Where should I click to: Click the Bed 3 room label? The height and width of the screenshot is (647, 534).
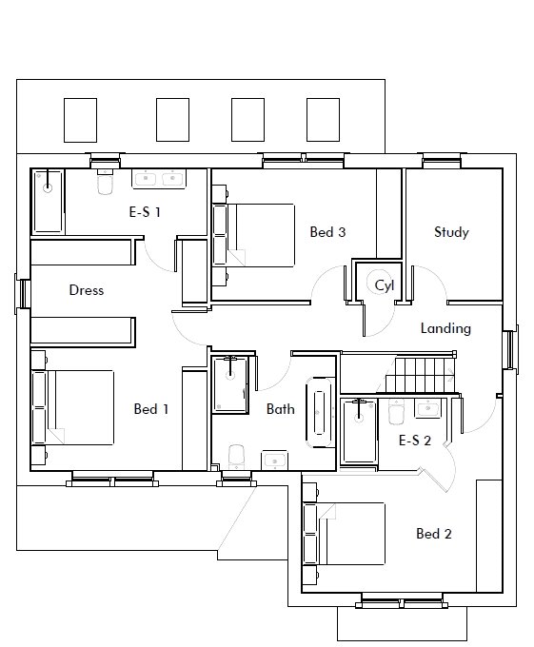pyautogui.click(x=327, y=232)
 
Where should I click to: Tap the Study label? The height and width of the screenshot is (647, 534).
pyautogui.click(x=451, y=232)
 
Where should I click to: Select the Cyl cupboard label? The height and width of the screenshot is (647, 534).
pyautogui.click(x=385, y=285)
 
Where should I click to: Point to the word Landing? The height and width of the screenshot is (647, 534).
pyautogui.click(x=445, y=328)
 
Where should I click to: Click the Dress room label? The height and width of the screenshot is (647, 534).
pyautogui.click(x=87, y=290)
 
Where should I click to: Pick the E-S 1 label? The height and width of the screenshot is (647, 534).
pyautogui.click(x=145, y=212)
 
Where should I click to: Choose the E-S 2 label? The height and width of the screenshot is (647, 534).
pyautogui.click(x=415, y=441)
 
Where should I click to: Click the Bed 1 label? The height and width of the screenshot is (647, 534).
pyautogui.click(x=151, y=409)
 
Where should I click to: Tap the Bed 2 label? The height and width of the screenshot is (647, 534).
pyautogui.click(x=434, y=534)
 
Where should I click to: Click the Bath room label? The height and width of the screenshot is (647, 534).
pyautogui.click(x=281, y=409)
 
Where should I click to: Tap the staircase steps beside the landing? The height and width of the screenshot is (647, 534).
pyautogui.click(x=420, y=375)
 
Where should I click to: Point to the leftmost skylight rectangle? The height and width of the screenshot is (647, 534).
pyautogui.click(x=81, y=120)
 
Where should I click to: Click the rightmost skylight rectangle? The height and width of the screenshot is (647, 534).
pyautogui.click(x=323, y=120)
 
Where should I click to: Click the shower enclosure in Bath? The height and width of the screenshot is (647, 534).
pyautogui.click(x=230, y=384)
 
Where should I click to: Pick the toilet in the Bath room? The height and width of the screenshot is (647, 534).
pyautogui.click(x=236, y=457)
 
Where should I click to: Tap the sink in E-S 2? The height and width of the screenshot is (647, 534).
pyautogui.click(x=428, y=408)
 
